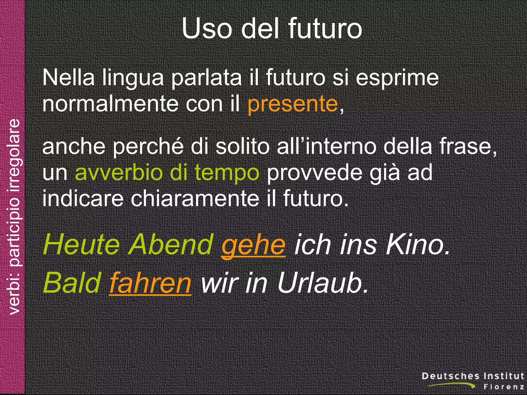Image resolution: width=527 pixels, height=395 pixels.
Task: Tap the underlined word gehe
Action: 253,245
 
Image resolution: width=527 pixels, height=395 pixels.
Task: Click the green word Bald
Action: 72,283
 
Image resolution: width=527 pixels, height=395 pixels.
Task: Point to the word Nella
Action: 68,78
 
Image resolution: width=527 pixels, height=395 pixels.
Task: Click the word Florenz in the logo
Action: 504,387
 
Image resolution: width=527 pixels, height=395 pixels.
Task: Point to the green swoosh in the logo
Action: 453,385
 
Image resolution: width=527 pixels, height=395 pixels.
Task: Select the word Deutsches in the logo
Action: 451,376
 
